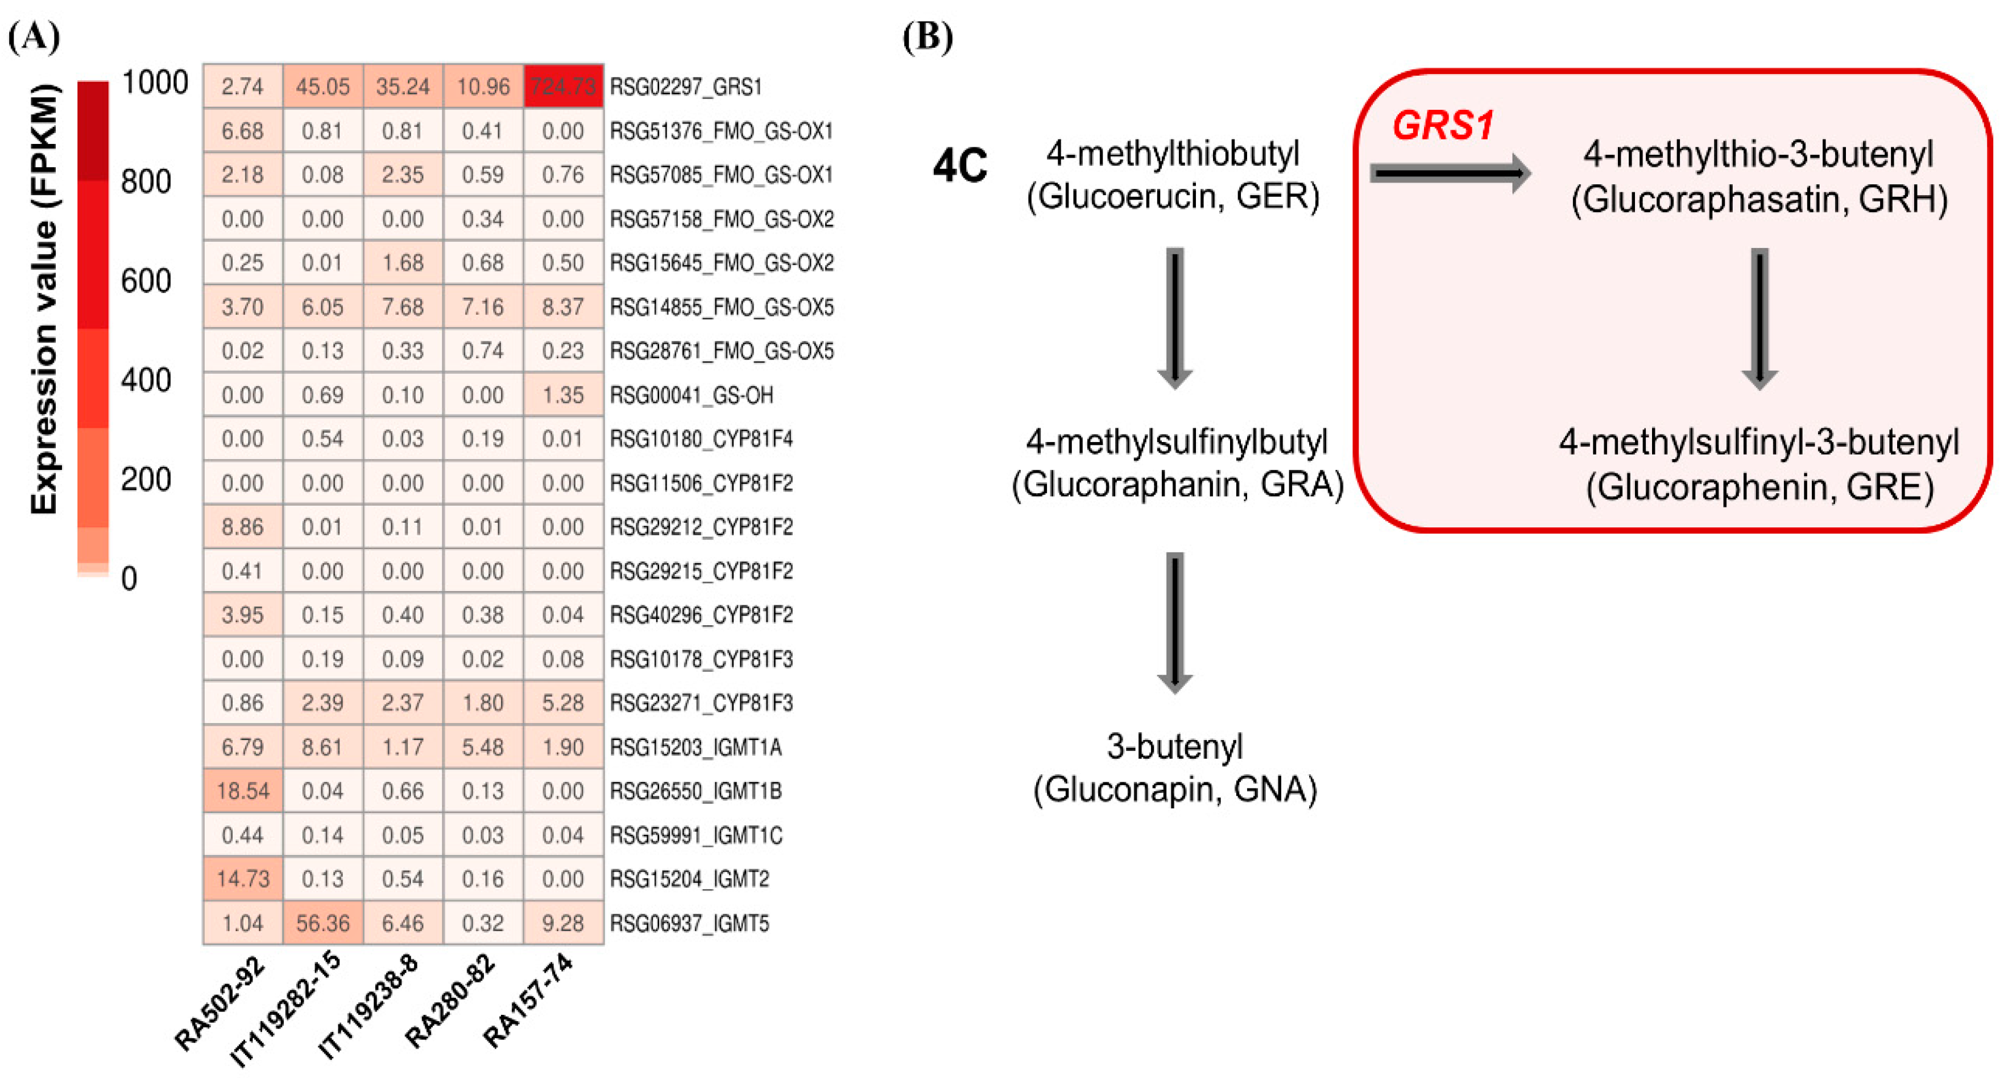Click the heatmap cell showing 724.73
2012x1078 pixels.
point(562,86)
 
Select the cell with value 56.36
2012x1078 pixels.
point(322,923)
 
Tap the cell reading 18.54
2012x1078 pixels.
point(243,791)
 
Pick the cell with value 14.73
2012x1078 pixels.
point(243,879)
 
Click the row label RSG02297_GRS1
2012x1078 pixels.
point(685,86)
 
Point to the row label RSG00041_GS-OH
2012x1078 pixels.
point(692,395)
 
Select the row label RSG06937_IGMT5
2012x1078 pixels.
point(689,923)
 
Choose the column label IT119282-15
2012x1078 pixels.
point(287,1007)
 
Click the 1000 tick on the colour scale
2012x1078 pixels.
point(155,82)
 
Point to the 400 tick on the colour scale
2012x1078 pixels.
point(146,379)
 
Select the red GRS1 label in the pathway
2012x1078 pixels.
point(1443,125)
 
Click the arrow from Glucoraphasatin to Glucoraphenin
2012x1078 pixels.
point(1760,318)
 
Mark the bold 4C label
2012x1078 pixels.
point(960,166)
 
